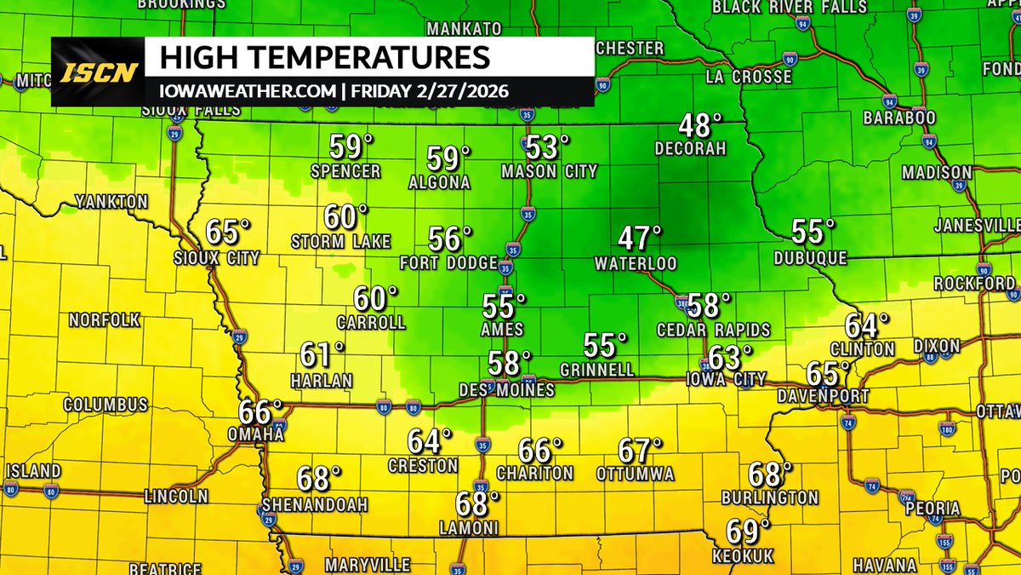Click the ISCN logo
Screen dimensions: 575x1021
(99, 72)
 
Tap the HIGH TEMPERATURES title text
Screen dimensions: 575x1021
(325, 58)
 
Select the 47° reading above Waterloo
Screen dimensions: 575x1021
(640, 238)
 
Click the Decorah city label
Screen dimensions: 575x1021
(690, 148)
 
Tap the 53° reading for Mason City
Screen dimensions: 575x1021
(547, 147)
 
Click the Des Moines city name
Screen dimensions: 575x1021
(507, 390)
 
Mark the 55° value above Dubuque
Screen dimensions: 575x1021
(813, 231)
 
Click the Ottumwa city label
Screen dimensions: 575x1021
(636, 473)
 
